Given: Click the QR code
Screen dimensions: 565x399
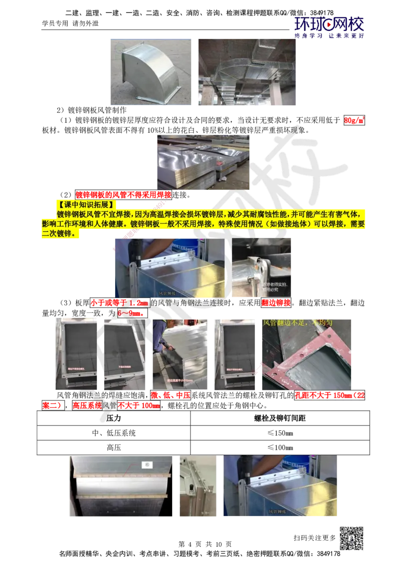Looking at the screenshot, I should (353, 538).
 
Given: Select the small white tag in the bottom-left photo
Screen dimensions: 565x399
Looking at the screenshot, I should (147, 465).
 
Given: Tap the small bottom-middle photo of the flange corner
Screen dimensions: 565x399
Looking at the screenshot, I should (199, 487).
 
